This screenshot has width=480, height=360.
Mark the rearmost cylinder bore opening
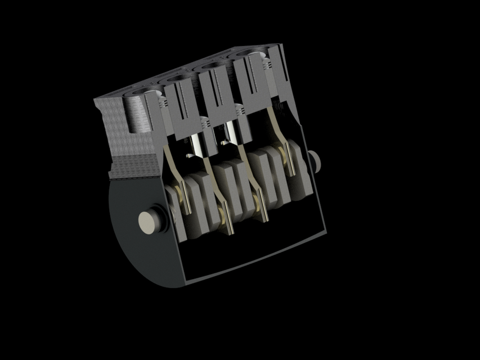pos(248,53)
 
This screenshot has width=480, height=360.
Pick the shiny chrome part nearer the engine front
pos(195,143)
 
